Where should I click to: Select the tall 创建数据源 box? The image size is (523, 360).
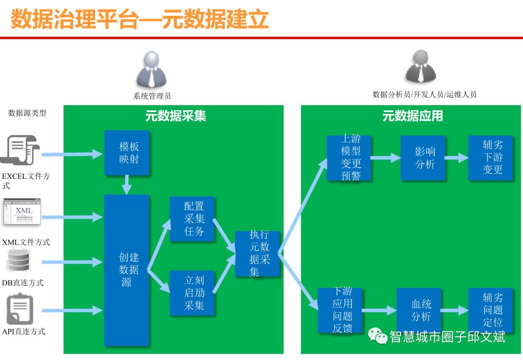pyautogui.click(x=126, y=270)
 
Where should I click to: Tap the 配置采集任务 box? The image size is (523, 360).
pyautogui.click(x=194, y=219)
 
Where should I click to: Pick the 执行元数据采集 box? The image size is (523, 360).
pyautogui.click(x=258, y=253)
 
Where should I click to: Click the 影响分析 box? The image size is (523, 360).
pyautogui.click(x=423, y=158)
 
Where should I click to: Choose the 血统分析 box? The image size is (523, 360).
pyautogui.click(x=419, y=311)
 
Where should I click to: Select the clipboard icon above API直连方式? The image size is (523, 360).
pyautogui.click(x=20, y=309)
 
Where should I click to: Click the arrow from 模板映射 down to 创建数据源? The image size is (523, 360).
pyautogui.click(x=127, y=185)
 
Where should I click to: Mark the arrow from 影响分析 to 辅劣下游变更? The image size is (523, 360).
pyautogui.click(x=457, y=158)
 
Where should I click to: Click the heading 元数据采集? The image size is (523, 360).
pyautogui.click(x=175, y=116)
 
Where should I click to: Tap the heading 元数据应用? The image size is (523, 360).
pyautogui.click(x=412, y=116)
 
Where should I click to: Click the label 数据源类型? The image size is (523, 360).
pyautogui.click(x=28, y=113)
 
